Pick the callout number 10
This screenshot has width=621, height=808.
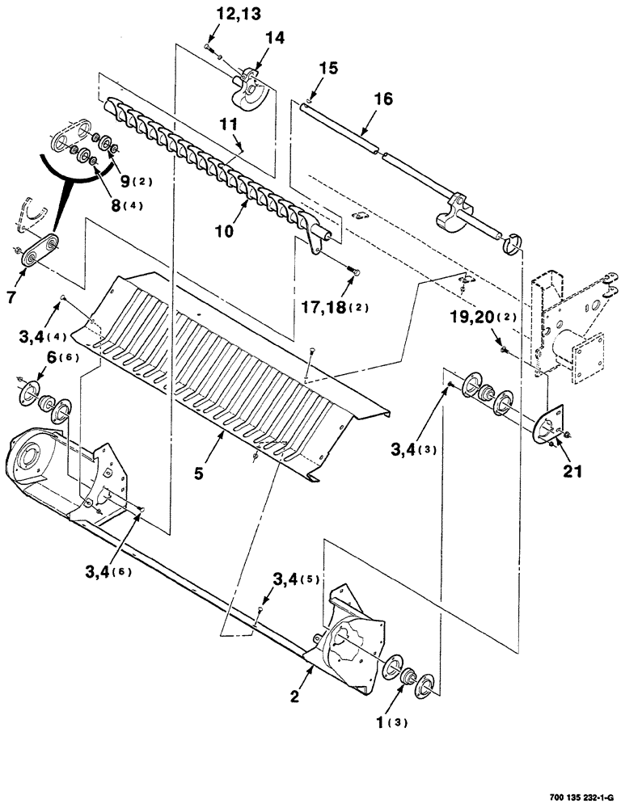(224, 230)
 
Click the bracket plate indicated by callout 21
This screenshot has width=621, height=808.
(551, 426)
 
